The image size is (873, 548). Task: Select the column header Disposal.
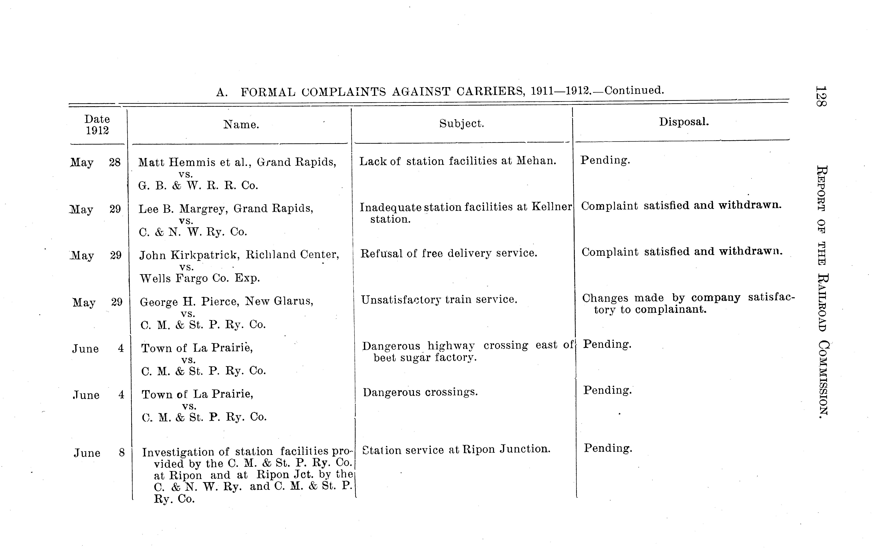point(684,122)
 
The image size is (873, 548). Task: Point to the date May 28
point(95,162)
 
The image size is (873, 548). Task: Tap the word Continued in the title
point(634,90)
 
